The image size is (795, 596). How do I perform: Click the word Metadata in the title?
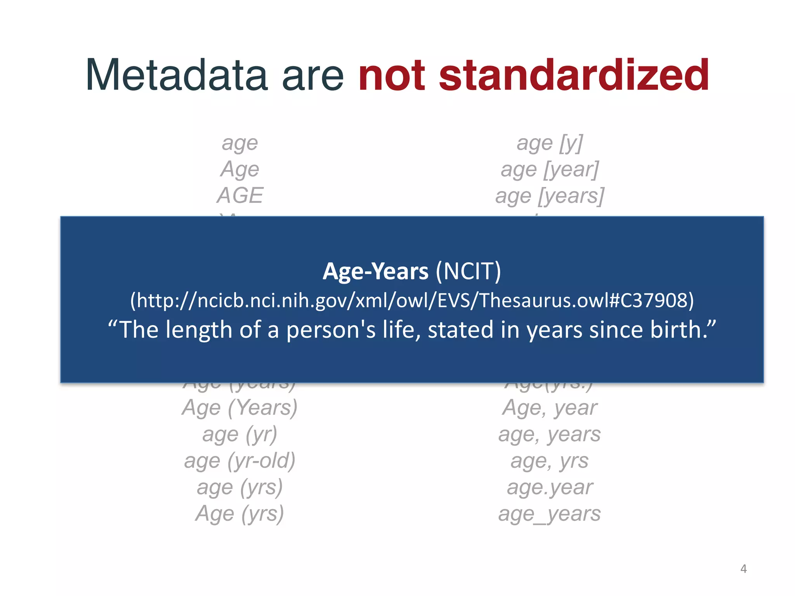coord(177,74)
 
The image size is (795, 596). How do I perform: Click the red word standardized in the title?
coord(574,74)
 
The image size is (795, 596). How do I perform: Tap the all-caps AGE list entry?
coord(240,195)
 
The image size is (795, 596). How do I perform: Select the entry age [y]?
coord(549,143)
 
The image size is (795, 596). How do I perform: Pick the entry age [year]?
coord(549,170)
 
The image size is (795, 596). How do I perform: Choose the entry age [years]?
coord(549,196)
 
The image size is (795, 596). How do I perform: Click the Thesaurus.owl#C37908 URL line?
coord(412,300)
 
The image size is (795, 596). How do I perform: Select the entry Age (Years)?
coord(240,408)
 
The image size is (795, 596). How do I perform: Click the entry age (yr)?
coord(240,434)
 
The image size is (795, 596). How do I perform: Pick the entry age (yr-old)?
coord(240,461)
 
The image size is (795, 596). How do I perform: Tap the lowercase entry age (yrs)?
coord(240,487)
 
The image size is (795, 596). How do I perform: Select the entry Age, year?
coord(549,408)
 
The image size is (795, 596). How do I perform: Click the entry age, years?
coord(549,434)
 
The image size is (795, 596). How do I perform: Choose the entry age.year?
coord(549,487)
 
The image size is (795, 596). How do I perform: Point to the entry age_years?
coord(549,513)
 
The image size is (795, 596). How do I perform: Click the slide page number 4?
coord(743,568)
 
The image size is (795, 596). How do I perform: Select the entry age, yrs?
coord(549,461)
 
